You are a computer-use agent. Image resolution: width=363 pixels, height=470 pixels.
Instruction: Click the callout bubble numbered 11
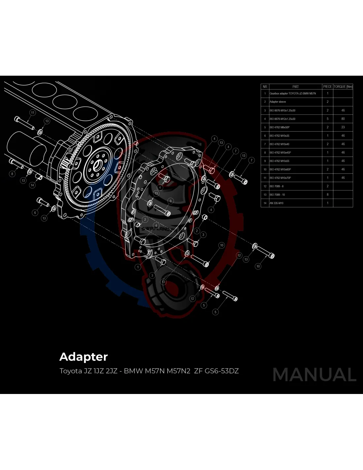[x=33, y=113]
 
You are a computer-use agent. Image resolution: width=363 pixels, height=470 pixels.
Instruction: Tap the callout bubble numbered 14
[x=32, y=185]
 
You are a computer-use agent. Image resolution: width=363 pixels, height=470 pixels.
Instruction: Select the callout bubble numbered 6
[x=35, y=213]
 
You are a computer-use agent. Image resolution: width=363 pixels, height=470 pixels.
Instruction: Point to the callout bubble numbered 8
[x=12, y=174]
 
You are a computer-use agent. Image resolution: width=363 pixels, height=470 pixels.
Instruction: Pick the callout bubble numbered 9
[x=171, y=201]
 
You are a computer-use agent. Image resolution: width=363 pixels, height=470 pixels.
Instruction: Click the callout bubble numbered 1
[x=138, y=267]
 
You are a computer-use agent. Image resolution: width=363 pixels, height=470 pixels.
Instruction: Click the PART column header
[x=295, y=87]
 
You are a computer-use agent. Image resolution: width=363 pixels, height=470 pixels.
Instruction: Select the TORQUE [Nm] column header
[x=343, y=87]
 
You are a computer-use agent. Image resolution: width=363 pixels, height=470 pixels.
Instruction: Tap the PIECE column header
[x=327, y=87]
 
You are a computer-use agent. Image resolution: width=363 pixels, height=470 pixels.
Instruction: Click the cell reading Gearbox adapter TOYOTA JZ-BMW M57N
[x=293, y=94]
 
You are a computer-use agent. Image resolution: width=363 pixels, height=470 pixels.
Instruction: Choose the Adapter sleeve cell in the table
[x=278, y=102]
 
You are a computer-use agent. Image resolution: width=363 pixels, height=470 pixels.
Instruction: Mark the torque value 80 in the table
[x=343, y=119]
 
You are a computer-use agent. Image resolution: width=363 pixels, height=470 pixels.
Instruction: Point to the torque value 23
[x=343, y=127]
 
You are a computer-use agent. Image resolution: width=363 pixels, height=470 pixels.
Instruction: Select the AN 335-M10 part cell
[x=277, y=203]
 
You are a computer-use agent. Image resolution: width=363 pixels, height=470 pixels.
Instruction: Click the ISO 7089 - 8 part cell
[x=277, y=186]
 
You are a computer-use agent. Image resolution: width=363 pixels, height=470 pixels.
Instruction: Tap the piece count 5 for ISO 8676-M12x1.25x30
[x=327, y=119]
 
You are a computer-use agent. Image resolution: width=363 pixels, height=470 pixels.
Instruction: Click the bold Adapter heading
[x=83, y=357]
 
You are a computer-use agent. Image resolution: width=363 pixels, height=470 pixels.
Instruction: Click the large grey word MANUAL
[x=314, y=375]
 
